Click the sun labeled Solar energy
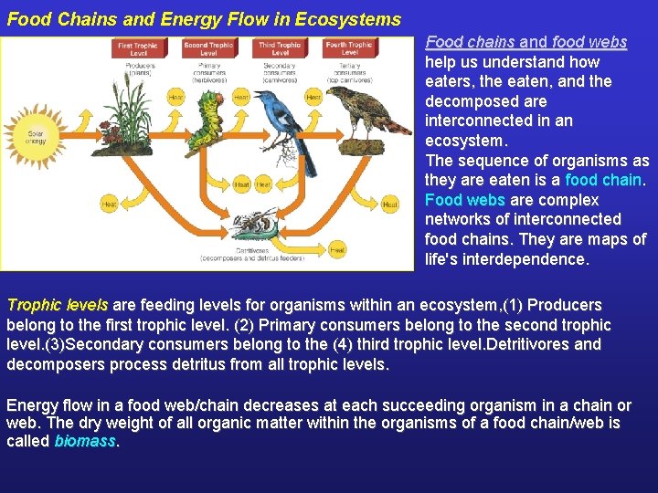[x=36, y=136]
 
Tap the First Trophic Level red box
[x=138, y=47]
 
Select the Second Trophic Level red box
[x=208, y=47]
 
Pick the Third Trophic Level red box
[x=280, y=47]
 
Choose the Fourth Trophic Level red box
[x=350, y=47]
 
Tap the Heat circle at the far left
[x=110, y=204]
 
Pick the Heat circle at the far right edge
[x=390, y=204]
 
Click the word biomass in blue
[x=85, y=442]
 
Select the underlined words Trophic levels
[x=57, y=305]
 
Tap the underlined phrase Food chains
[x=470, y=42]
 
